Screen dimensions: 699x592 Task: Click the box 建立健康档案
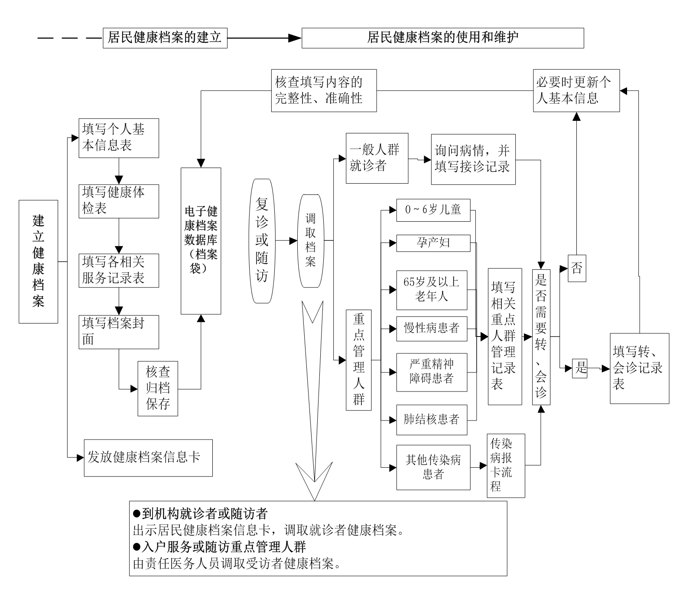pyautogui.click(x=38, y=262)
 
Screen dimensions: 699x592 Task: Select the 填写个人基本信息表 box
pyautogui.click(x=119, y=138)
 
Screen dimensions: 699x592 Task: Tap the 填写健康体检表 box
pyautogui.click(x=119, y=201)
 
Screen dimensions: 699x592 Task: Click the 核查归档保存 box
pyautogui.click(x=158, y=388)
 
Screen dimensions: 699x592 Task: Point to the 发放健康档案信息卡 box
pyautogui.click(x=148, y=458)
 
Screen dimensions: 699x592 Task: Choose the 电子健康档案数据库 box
pyautogui.click(x=201, y=241)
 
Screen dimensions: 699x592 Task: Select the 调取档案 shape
pyautogui.click(x=310, y=241)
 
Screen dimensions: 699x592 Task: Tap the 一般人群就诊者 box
pyautogui.click(x=377, y=158)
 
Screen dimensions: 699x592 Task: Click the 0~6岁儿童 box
pyautogui.click(x=433, y=210)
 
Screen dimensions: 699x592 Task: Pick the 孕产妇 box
pyautogui.click(x=433, y=243)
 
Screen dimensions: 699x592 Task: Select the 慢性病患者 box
pyautogui.click(x=432, y=329)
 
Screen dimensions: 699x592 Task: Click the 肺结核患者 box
pyautogui.click(x=432, y=420)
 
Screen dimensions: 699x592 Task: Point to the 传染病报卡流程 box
pyautogui.click(x=506, y=466)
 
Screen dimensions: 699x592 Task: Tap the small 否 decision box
pyautogui.click(x=577, y=268)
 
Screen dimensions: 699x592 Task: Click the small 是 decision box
pyautogui.click(x=580, y=369)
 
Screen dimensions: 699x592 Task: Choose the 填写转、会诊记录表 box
pyautogui.click(x=640, y=369)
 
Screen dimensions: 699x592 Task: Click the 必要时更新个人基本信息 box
pyautogui.click(x=576, y=91)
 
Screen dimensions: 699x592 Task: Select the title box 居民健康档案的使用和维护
pyautogui.click(x=443, y=38)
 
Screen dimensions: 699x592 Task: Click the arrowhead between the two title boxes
pyautogui.click(x=295, y=38)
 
